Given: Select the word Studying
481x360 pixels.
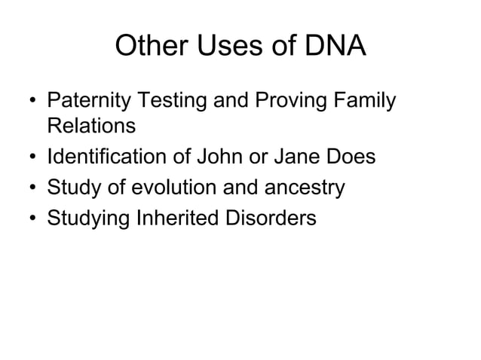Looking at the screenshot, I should point(88,218).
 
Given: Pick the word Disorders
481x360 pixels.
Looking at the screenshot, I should point(268,218).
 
